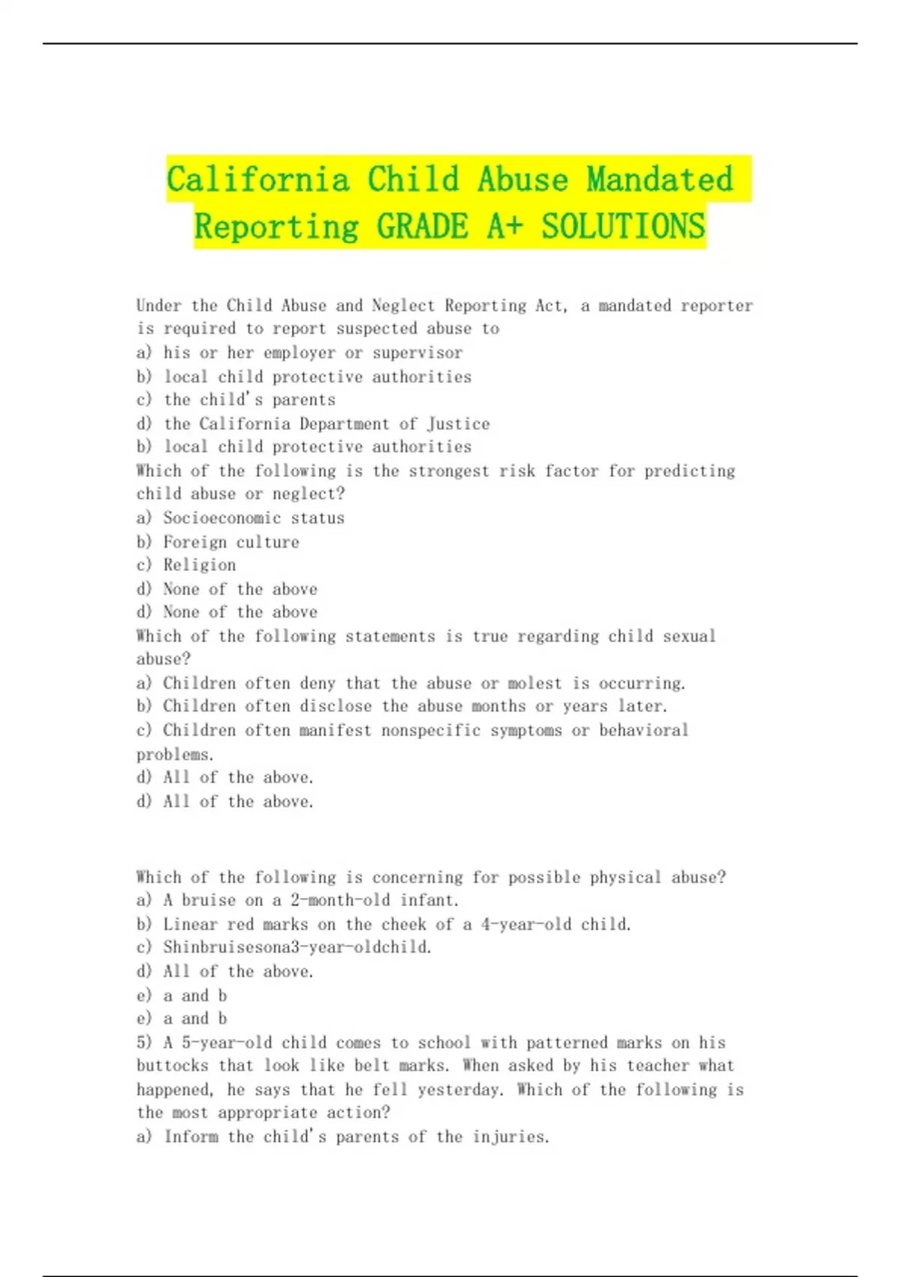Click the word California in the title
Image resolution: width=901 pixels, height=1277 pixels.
tap(258, 180)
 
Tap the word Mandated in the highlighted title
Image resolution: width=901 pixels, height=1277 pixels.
tap(659, 180)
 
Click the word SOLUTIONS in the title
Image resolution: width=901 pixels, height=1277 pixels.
tap(623, 226)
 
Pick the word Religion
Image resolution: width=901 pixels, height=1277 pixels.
tap(199, 565)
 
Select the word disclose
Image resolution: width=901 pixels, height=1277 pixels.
tap(336, 706)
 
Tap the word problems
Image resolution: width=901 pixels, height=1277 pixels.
tap(175, 754)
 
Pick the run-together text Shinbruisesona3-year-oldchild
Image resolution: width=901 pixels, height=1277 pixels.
tap(297, 947)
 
